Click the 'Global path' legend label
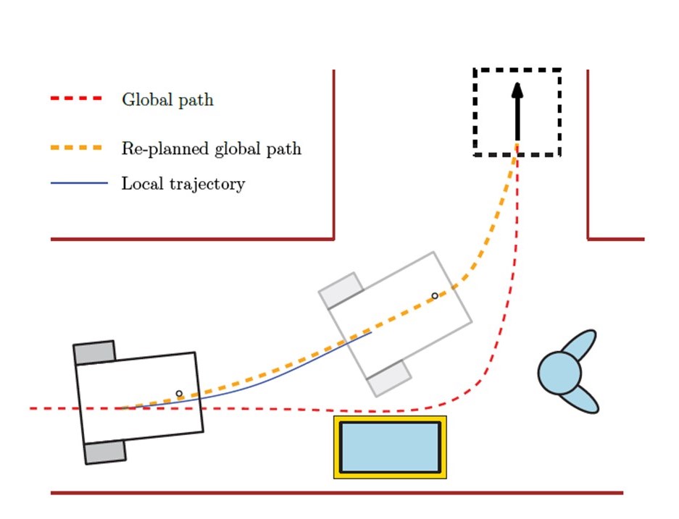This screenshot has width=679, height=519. (167, 100)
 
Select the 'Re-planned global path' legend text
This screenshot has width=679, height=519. (211, 150)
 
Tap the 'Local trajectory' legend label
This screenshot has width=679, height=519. (183, 184)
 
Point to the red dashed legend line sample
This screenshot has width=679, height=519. (77, 99)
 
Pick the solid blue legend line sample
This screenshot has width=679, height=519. (78, 183)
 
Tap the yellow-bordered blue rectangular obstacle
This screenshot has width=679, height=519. (390, 447)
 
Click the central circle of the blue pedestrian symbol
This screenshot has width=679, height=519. (559, 373)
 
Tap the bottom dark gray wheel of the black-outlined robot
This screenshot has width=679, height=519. (105, 452)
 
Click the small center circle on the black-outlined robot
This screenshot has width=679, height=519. (179, 394)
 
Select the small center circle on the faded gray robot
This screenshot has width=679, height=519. (435, 295)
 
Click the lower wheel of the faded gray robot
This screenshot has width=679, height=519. (388, 377)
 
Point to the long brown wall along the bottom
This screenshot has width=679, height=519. (337, 493)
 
